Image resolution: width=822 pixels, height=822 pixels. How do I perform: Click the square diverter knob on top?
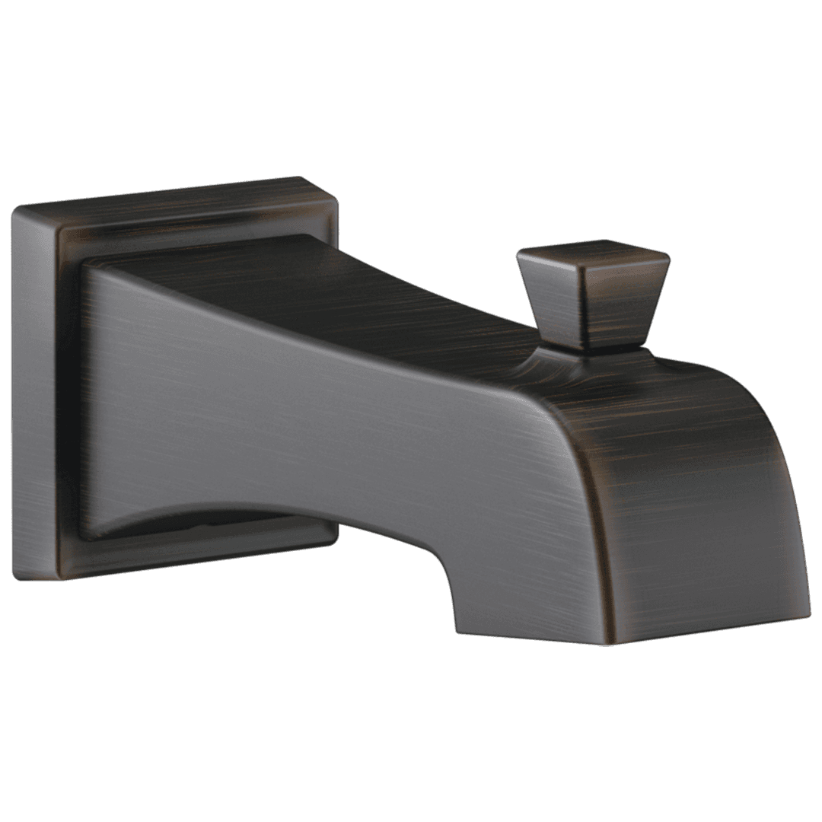[x=592, y=297]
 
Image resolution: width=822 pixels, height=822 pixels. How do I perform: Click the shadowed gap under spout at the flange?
[x=228, y=525]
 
